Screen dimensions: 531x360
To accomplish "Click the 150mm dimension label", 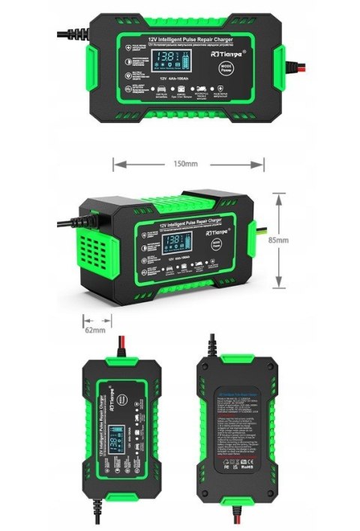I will coord(188,163).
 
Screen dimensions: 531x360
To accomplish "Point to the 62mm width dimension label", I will coord(94,329).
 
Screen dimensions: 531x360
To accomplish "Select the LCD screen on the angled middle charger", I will coord(174,242).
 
